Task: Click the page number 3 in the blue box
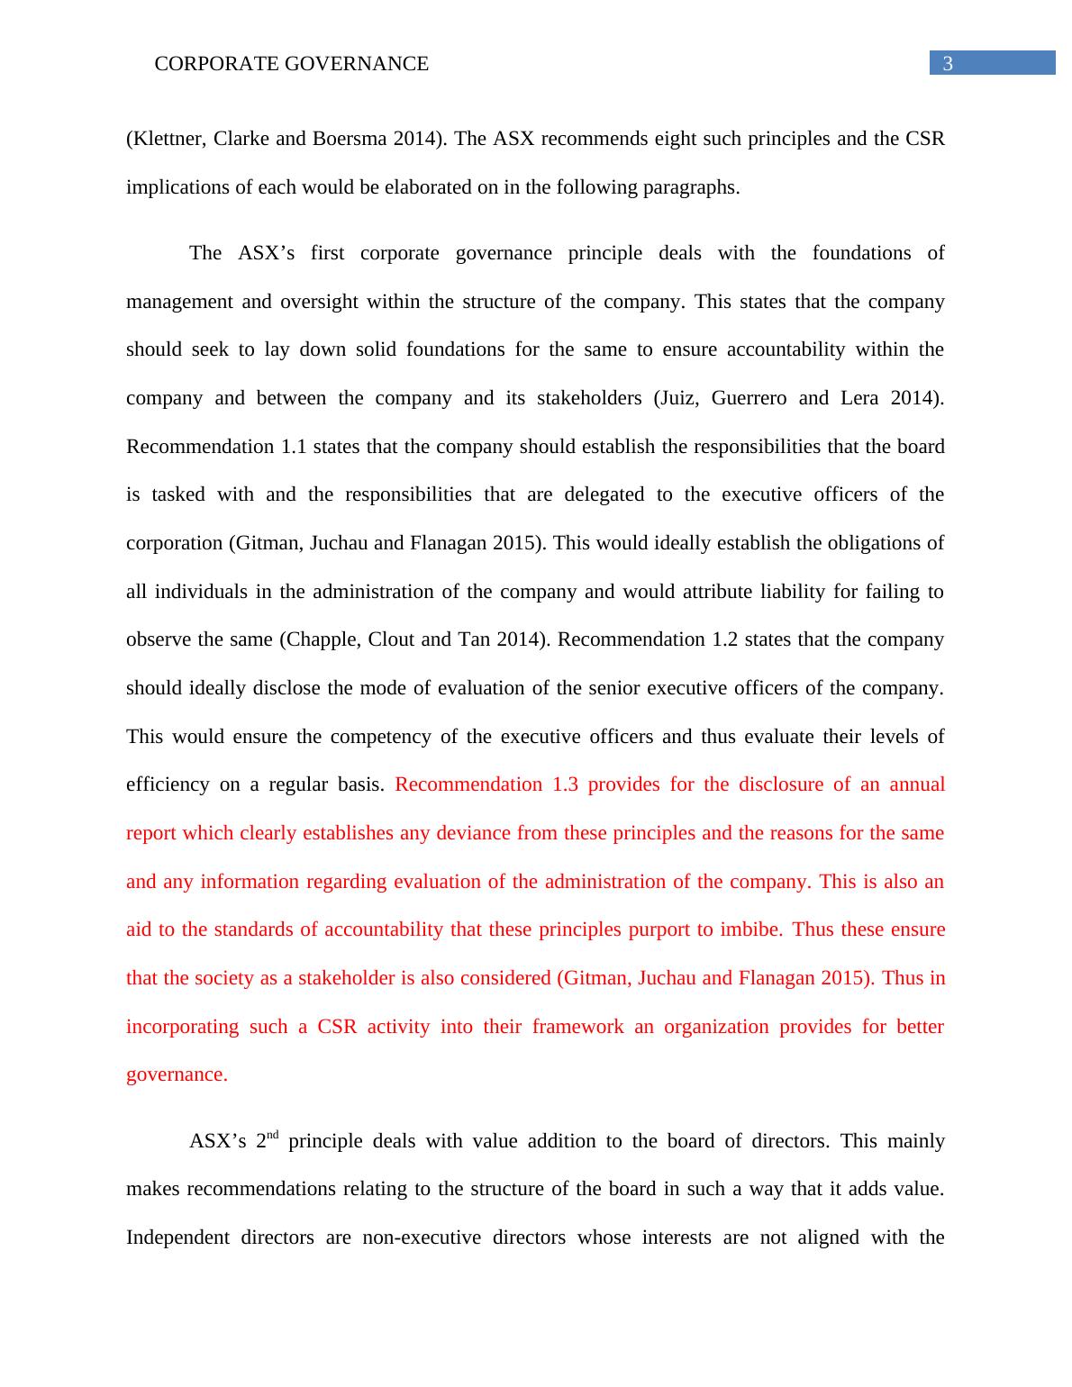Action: click(x=947, y=63)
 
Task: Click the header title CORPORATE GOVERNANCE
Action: click(x=292, y=64)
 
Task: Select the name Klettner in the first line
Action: click(x=164, y=139)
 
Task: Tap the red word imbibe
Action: click(x=751, y=929)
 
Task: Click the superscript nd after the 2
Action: click(x=273, y=1135)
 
